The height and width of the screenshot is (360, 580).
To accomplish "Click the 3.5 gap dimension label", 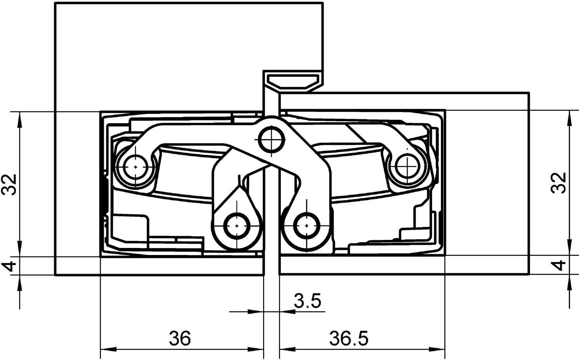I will pyautogui.click(x=307, y=301).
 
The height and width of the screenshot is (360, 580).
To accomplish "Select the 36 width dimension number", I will pyautogui.click(x=180, y=338).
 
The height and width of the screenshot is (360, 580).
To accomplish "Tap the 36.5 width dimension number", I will pyautogui.click(x=349, y=338).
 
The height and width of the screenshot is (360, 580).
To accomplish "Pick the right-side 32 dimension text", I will pyautogui.click(x=559, y=183).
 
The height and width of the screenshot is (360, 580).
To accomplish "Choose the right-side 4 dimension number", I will pyautogui.click(x=559, y=266).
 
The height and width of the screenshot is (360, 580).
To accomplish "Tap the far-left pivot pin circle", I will pyautogui.click(x=135, y=167).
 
